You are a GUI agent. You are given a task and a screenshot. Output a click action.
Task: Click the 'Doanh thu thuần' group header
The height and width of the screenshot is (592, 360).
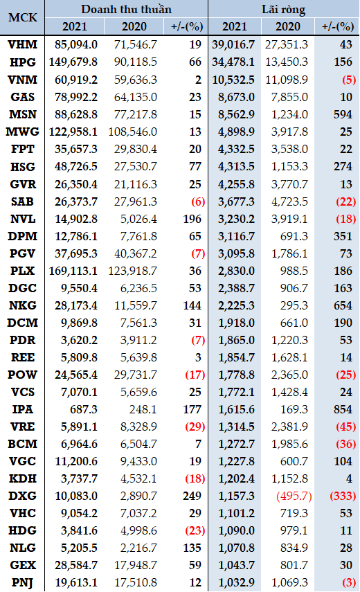pyautogui.click(x=127, y=9)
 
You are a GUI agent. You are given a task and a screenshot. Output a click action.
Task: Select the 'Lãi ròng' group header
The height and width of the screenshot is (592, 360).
pyautogui.click(x=283, y=10)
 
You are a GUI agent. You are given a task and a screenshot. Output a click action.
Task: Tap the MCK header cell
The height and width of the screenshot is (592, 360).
pyautogui.click(x=23, y=17)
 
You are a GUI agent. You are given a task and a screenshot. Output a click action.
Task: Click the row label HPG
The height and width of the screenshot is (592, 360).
pyautogui.click(x=23, y=62)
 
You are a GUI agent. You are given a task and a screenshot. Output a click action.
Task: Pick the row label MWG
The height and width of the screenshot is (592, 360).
pyautogui.click(x=23, y=132)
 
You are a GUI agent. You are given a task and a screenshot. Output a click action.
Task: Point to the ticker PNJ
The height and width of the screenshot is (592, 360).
pyautogui.click(x=23, y=582)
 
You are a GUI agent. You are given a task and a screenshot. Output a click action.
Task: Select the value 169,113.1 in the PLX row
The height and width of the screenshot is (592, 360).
pyautogui.click(x=73, y=271)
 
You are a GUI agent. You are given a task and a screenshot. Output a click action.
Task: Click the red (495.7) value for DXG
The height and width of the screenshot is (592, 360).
pyautogui.click(x=294, y=496)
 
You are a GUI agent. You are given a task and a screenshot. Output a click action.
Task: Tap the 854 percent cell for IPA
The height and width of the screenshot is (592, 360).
pyautogui.click(x=343, y=409)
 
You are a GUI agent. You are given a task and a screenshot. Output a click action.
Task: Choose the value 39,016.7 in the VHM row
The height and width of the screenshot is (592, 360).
pyautogui.click(x=233, y=44)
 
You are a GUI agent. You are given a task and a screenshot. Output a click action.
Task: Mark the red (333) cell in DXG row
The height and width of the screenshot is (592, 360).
pyautogui.click(x=343, y=496)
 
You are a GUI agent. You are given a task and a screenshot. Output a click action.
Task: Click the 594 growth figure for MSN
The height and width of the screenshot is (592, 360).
pyautogui.click(x=343, y=114)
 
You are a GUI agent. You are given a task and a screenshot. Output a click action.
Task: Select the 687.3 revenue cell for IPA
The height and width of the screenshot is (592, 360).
pyautogui.click(x=84, y=409)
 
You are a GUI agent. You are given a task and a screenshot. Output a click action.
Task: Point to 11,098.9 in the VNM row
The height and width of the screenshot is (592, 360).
pyautogui.click(x=287, y=80)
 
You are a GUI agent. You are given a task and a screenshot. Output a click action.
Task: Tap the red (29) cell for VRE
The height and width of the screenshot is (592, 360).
pyautogui.click(x=195, y=427)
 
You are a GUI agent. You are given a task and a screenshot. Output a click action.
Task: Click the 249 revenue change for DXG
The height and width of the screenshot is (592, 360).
pyautogui.click(x=192, y=496)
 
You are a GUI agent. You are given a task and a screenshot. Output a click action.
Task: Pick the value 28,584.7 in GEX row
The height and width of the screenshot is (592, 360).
pyautogui.click(x=76, y=565)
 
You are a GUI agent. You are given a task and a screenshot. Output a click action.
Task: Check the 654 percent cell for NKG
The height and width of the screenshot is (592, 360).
pyautogui.click(x=343, y=305)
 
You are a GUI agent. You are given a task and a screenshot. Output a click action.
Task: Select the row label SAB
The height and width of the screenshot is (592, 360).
pyautogui.click(x=23, y=201)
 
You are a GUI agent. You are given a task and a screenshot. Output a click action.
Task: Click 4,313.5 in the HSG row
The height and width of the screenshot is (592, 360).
pyautogui.click(x=236, y=166)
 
